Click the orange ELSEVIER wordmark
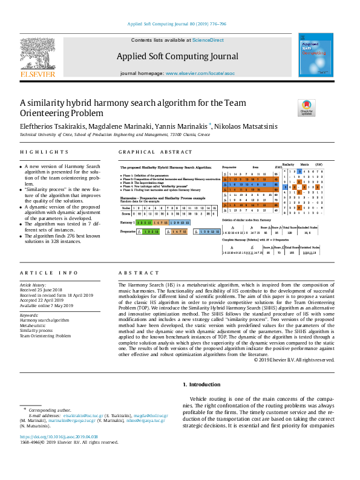coord(38,74)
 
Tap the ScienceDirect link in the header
coord(208,40)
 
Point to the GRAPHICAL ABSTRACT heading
coord(155,152)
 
